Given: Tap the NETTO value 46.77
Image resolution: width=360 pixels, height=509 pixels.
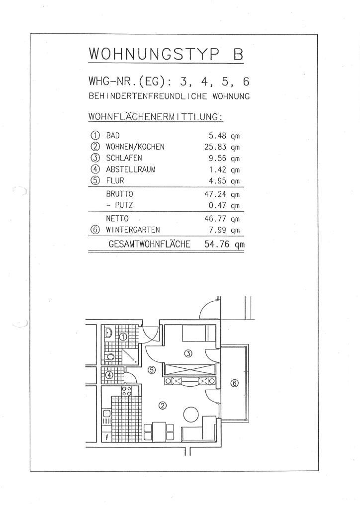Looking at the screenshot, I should click(x=215, y=218).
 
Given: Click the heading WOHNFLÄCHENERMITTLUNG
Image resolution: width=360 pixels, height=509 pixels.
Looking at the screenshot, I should click(x=155, y=117).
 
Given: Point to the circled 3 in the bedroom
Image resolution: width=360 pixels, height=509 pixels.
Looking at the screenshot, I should click(x=187, y=353).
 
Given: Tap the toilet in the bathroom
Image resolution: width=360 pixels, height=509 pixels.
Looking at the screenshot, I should click(x=110, y=356).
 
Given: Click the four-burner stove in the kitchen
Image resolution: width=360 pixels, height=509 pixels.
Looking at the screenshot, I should click(x=127, y=391).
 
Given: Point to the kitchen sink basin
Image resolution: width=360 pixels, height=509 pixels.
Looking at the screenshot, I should click(x=107, y=414).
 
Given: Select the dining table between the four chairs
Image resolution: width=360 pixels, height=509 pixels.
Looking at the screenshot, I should click(x=159, y=430).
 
